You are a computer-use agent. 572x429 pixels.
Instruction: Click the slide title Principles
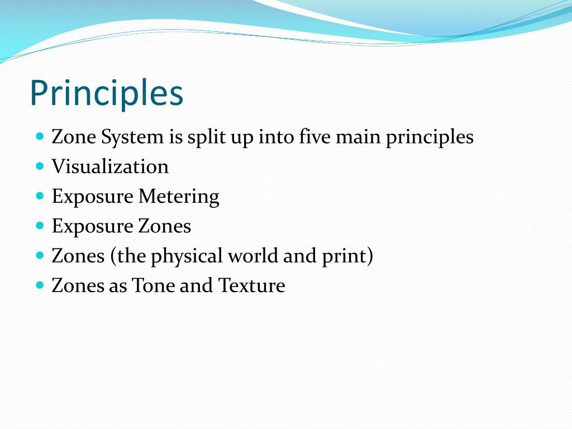tap(106, 93)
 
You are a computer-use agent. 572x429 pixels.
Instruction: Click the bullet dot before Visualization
tap(39, 166)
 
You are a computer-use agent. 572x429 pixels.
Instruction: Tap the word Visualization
tap(110, 166)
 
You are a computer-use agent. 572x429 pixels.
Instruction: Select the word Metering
tap(179, 197)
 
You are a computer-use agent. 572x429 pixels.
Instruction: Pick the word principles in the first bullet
tap(430, 137)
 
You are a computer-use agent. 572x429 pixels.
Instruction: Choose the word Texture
tap(251, 285)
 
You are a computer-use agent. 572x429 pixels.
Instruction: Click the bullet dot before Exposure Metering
tap(39, 196)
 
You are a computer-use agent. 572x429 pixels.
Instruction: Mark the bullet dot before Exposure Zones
tap(39, 226)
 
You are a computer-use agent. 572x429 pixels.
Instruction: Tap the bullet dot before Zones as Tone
tap(39, 285)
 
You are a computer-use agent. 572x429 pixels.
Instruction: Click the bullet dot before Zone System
tap(39, 136)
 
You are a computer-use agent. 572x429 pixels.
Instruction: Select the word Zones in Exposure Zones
tap(164, 226)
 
